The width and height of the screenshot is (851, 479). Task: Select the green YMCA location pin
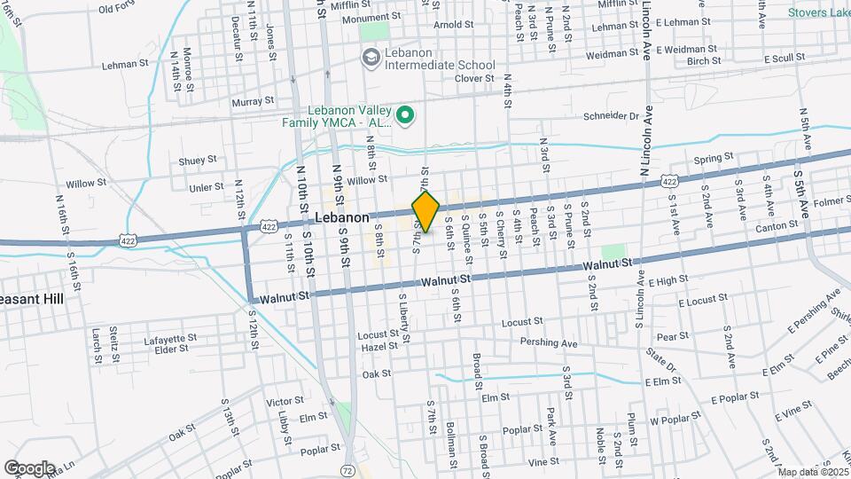[405, 114]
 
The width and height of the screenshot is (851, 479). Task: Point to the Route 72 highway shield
[347, 469]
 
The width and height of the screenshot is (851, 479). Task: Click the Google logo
[28, 468]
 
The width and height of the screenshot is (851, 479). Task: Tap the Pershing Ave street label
[549, 342]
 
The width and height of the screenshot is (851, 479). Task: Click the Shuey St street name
[198, 161]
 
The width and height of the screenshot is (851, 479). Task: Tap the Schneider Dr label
[610, 116]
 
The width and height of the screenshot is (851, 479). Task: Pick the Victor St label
[285, 401]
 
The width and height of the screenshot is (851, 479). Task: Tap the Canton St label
[771, 228]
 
